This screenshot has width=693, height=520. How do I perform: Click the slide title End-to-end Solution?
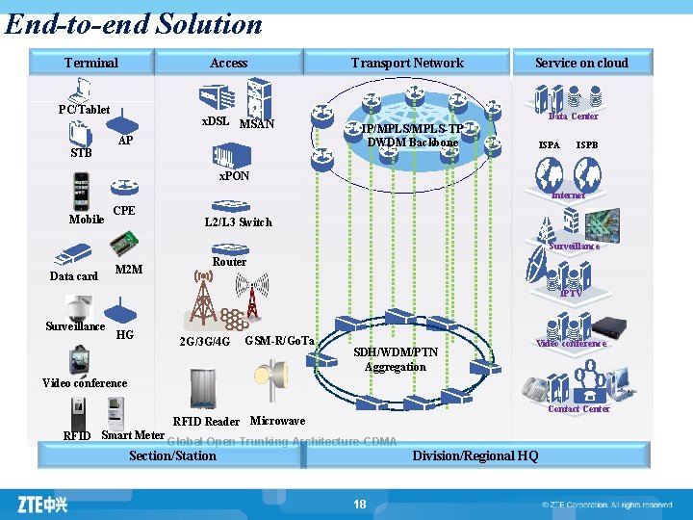(x=133, y=23)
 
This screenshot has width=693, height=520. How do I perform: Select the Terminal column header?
(x=91, y=64)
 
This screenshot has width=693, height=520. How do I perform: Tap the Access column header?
(x=228, y=64)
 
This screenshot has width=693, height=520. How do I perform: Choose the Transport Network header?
(x=407, y=64)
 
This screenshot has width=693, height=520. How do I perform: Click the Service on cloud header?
(x=581, y=64)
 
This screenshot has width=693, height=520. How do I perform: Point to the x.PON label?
(x=234, y=176)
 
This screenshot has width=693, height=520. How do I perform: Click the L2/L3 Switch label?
(x=238, y=222)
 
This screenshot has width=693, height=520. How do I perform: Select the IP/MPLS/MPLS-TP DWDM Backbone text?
(x=412, y=136)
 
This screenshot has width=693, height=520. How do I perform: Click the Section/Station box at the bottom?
(x=172, y=455)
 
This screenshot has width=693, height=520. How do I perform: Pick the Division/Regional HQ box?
(x=475, y=455)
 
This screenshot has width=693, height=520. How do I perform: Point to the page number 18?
(x=360, y=505)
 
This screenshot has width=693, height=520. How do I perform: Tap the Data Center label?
(x=573, y=117)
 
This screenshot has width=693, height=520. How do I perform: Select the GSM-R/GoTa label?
(x=280, y=341)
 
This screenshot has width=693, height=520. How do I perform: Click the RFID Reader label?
(x=206, y=422)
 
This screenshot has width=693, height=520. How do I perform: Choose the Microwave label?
(x=277, y=421)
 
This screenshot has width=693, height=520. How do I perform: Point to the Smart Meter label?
(x=133, y=435)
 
